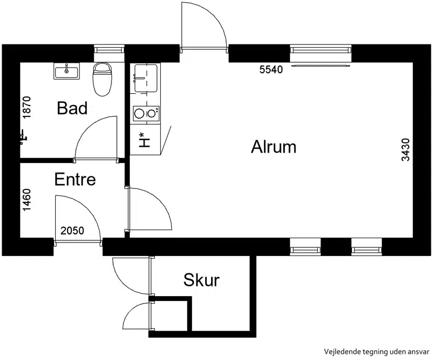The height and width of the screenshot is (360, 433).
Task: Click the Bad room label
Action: (72, 108)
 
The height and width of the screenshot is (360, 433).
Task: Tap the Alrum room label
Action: (274, 147)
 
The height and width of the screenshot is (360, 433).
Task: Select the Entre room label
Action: (75, 179)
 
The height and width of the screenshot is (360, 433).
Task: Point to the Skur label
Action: (201, 280)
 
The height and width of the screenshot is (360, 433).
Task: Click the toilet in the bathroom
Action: (102, 79)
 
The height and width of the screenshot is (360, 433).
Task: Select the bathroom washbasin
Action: (67, 71)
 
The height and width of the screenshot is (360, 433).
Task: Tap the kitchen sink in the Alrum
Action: (146, 78)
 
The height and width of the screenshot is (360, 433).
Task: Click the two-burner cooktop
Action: (146, 114)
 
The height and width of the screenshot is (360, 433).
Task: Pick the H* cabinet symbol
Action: (144, 140)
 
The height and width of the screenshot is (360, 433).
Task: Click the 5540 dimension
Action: (271, 70)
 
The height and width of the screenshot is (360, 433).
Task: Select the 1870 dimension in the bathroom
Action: (27, 108)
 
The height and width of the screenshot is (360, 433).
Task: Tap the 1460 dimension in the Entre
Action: (27, 200)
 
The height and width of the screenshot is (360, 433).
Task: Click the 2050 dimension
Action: (73, 231)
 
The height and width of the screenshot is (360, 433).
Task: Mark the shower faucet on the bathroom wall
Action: (23, 138)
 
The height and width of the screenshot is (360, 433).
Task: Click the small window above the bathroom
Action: (109, 50)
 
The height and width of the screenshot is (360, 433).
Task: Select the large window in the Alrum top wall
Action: (321, 50)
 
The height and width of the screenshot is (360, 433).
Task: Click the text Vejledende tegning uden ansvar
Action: (377, 352)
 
